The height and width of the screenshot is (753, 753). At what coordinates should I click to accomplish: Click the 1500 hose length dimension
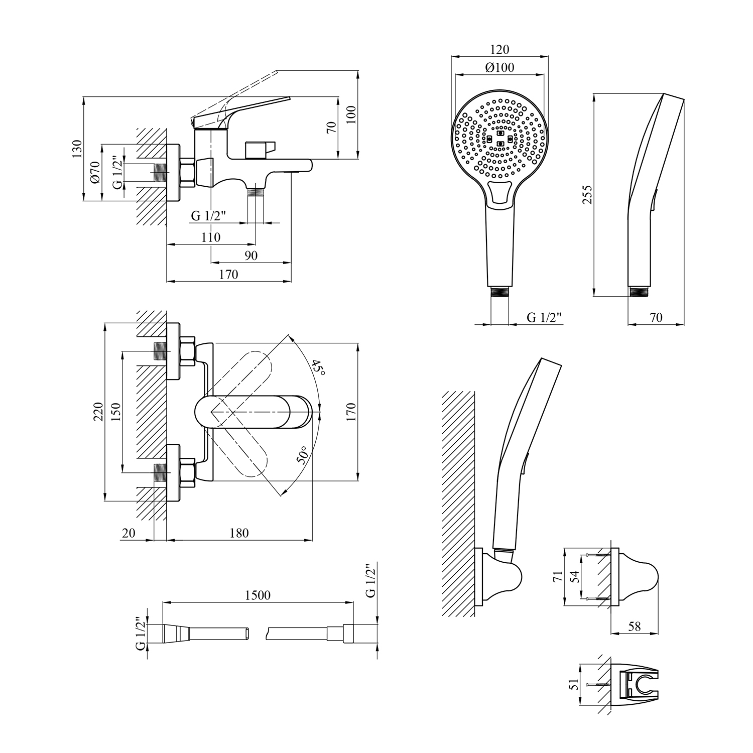tap(258, 595)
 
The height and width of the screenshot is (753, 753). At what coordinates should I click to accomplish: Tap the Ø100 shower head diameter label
tap(500, 68)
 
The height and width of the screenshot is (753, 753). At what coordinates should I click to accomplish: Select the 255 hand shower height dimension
tap(588, 194)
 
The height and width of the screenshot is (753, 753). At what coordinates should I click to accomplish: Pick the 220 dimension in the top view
tap(98, 412)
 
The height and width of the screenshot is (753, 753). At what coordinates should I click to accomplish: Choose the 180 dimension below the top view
tap(239, 533)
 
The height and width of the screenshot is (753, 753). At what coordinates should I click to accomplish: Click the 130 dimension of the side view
tap(76, 149)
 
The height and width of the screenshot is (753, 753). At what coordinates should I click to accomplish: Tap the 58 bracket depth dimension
tap(635, 626)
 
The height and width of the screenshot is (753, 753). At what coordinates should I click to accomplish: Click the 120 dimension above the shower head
tap(499, 50)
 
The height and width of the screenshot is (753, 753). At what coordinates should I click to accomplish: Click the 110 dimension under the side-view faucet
tap(210, 237)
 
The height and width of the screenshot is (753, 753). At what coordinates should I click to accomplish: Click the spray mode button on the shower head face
tap(499, 193)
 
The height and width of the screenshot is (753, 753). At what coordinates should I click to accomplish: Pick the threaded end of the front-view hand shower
tap(499, 293)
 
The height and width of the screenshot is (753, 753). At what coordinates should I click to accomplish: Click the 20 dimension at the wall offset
tap(129, 533)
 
